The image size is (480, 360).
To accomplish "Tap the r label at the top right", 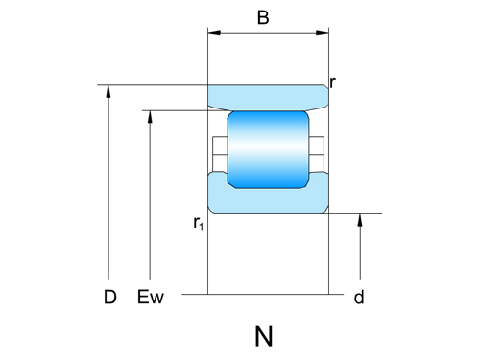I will (332, 83).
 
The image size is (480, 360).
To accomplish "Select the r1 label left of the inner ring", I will (198, 224).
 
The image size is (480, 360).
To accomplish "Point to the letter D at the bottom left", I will (110, 298).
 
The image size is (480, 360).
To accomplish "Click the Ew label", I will (152, 298).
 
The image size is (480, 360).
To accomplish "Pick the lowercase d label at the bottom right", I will (359, 298).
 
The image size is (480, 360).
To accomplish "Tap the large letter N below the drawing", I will (264, 336).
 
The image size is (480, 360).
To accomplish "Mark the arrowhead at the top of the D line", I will (110, 91).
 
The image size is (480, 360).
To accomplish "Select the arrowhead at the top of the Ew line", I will (151, 117).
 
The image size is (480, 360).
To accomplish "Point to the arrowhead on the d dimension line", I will (360, 220).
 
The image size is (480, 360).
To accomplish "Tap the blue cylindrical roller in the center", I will (268, 148).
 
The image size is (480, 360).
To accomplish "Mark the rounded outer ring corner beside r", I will (325, 88).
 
